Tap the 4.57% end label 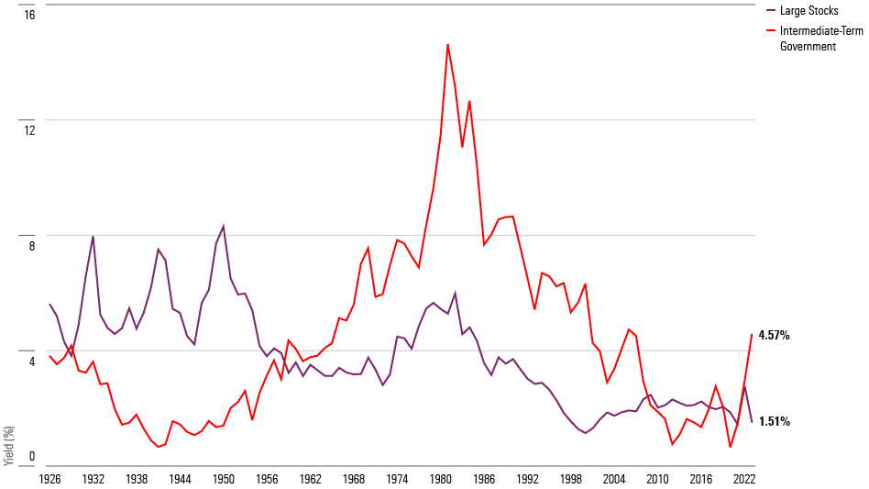(775, 336)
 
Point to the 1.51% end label (775, 422)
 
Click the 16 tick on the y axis (29, 15)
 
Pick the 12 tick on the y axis (29, 130)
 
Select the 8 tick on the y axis (31, 246)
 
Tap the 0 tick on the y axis (31, 456)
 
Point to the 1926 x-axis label (49, 479)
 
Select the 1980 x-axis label (441, 479)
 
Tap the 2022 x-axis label (744, 479)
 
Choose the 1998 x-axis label (571, 479)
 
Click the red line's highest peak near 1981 (447, 44)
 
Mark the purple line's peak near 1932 (93, 237)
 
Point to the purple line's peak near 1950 (224, 226)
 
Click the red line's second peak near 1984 (469, 101)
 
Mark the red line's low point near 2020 (731, 447)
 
